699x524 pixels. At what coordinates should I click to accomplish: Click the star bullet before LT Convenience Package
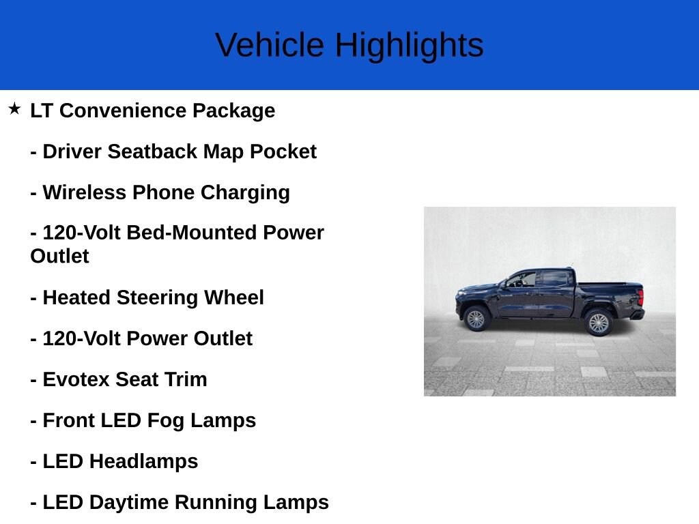click(14, 108)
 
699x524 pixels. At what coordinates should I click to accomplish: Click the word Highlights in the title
click(409, 46)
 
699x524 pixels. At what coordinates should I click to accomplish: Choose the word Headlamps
click(143, 461)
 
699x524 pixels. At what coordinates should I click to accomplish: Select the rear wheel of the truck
click(599, 322)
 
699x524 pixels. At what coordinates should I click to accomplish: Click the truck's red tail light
click(640, 297)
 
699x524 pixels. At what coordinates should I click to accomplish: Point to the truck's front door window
click(523, 279)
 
